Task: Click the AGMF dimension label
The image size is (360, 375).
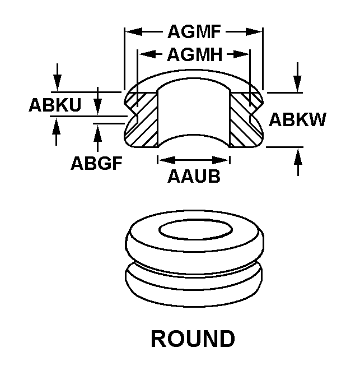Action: (194, 33)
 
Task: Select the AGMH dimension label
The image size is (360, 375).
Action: (194, 54)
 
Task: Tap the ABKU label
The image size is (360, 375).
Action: (55, 105)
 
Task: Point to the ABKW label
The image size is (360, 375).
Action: (297, 119)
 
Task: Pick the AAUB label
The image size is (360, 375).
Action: (194, 176)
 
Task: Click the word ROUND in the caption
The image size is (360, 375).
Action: (193, 339)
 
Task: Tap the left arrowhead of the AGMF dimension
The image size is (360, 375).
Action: (130, 33)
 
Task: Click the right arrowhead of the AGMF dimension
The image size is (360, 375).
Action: (257, 33)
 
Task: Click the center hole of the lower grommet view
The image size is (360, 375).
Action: (195, 230)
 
